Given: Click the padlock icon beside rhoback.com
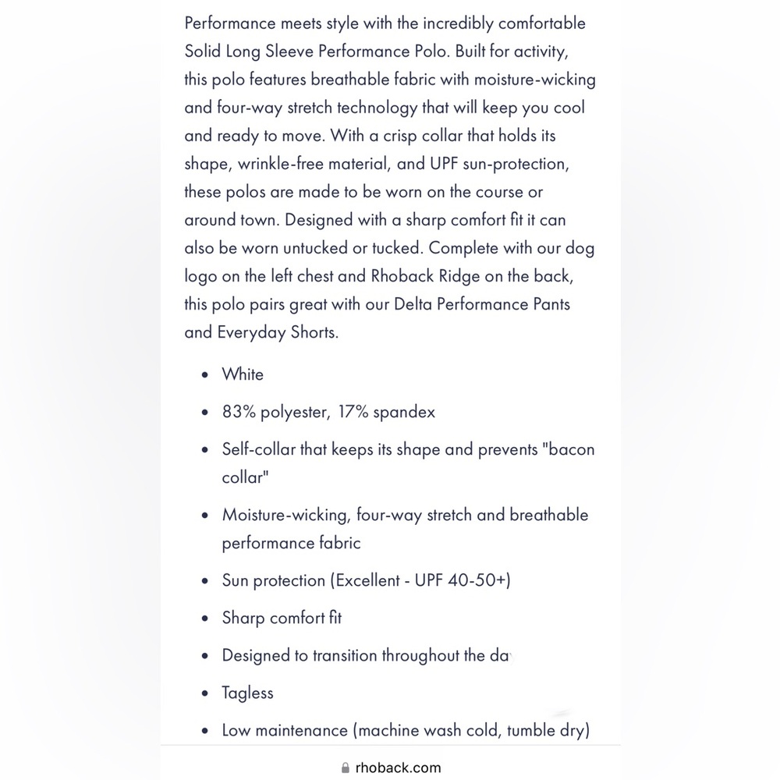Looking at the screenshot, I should [346, 768].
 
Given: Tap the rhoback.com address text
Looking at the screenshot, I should [398, 768].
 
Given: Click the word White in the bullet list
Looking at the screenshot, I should [243, 374].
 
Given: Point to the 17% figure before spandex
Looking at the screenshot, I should [354, 412].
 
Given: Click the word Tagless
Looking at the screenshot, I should [247, 693].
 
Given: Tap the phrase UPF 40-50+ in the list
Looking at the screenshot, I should [463, 580].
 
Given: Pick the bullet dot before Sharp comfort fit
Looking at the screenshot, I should [204, 619].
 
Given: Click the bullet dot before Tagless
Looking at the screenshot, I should [204, 694].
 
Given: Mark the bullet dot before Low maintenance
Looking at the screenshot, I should [204, 732].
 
